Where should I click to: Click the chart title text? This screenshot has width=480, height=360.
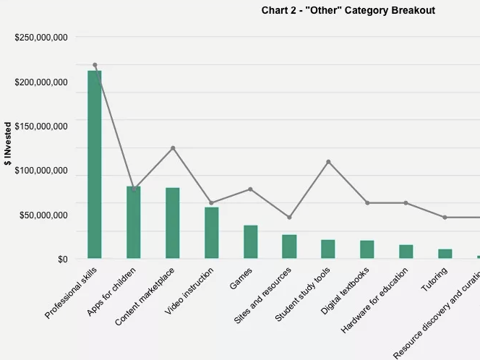348,11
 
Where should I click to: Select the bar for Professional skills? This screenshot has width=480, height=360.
95,164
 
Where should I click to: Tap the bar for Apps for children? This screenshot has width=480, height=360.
134,222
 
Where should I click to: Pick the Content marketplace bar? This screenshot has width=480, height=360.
173,223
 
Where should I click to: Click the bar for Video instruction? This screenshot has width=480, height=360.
212,233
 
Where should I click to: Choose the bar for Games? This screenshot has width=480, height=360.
251,241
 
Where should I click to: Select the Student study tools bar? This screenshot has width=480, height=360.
328,249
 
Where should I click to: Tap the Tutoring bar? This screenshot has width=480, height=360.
445,254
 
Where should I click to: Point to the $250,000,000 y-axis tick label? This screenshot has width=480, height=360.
41,38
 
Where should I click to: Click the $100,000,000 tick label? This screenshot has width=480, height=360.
41,171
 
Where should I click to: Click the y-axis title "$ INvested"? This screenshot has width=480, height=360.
8,149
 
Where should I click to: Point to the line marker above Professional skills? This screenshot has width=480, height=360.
95,65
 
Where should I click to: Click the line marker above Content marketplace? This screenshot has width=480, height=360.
173,148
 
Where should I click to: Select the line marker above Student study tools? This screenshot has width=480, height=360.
328,162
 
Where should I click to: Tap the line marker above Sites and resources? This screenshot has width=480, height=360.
289,218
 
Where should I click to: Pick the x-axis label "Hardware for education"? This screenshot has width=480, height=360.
375,300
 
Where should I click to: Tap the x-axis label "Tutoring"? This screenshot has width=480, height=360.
435,280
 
